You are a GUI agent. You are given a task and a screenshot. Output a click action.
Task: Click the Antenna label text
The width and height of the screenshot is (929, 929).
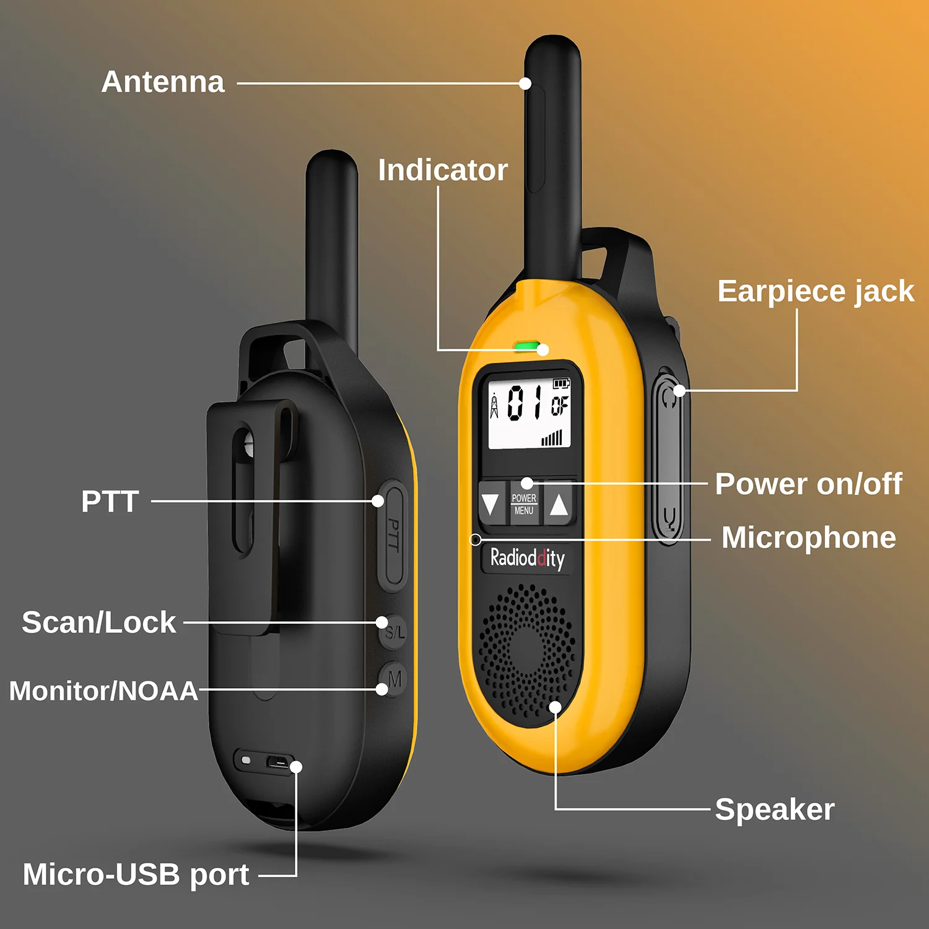tap(163, 82)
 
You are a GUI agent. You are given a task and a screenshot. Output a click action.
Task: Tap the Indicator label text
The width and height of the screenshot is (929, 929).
tap(443, 170)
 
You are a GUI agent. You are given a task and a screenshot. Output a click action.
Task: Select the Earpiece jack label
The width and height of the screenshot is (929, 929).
tap(816, 291)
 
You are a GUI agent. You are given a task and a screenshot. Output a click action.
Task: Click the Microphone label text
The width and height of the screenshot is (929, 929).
tap(808, 538)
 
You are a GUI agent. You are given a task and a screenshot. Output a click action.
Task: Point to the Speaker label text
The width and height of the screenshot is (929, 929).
tap(774, 809)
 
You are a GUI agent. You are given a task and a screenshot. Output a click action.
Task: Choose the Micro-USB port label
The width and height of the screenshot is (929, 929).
tap(136, 874)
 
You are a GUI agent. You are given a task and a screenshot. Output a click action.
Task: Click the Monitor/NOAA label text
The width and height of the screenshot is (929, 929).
tap(103, 691)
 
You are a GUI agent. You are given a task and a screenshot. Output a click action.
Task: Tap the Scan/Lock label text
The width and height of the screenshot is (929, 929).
tap(99, 622)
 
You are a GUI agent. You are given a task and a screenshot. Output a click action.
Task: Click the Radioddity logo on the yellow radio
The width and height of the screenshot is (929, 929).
tap(527, 559)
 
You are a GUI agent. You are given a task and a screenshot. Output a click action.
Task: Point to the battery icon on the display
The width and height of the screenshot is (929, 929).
tap(560, 384)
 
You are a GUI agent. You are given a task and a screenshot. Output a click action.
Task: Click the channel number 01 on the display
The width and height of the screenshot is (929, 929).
tap(525, 403)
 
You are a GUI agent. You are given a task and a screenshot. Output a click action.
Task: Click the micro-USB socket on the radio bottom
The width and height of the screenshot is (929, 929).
tap(279, 761)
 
